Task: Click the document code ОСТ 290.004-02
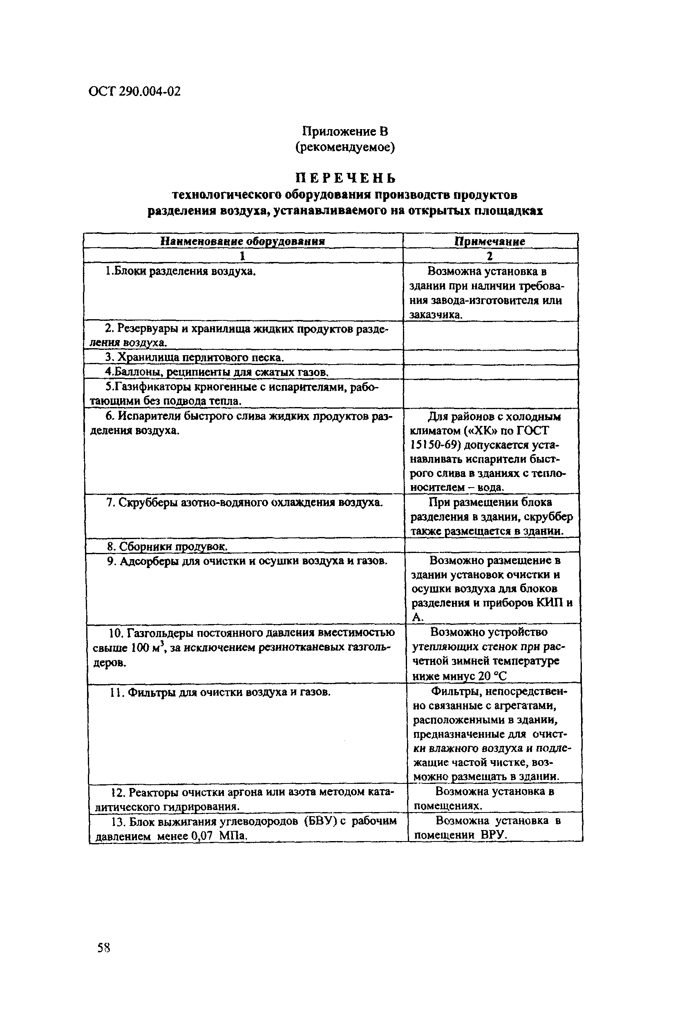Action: tap(134, 91)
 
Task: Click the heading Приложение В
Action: tap(344, 131)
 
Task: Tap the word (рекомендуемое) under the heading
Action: tap(344, 147)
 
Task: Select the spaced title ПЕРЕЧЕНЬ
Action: tap(345, 178)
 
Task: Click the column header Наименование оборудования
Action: tap(242, 241)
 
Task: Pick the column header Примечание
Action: tap(490, 241)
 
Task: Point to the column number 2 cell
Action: tap(490, 256)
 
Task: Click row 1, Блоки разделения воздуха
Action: tap(181, 271)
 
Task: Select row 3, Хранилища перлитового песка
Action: tap(194, 357)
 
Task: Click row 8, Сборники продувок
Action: tap(168, 546)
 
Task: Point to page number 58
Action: tap(104, 947)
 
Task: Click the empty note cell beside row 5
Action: tap(491, 394)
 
